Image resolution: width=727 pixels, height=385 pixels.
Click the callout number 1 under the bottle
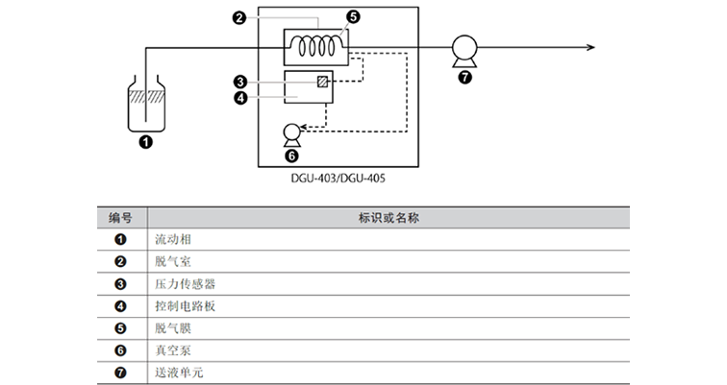145,142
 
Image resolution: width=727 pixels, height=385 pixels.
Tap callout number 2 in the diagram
239,16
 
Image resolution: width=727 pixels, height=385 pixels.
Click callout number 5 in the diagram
352,16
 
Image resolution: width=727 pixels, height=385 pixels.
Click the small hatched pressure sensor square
322,81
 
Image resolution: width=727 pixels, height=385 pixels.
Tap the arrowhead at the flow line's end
589,46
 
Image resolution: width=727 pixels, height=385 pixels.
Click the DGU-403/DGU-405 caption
336,177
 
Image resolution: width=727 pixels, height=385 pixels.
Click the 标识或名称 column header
388,218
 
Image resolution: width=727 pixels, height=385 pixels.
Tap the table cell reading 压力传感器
183,283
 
